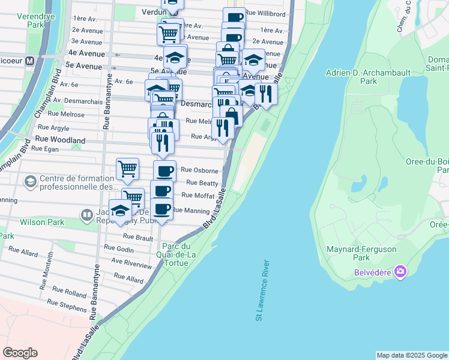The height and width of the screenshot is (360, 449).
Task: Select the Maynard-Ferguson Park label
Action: [356, 253]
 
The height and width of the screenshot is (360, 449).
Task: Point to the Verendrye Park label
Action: [23, 20]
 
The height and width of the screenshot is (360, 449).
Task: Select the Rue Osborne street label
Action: [199, 170]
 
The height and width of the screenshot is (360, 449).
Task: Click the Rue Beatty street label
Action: [202, 182]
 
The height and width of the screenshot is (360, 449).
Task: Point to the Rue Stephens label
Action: [68, 307]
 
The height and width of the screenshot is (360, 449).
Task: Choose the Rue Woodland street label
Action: [60, 139]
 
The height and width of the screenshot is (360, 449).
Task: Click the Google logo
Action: [20, 353]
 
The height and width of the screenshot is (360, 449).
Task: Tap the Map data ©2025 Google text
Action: [411, 355]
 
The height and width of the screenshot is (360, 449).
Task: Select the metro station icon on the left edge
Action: [29, 61]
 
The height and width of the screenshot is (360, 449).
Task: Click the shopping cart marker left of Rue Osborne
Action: [128, 169]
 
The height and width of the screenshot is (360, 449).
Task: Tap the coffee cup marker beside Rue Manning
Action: [161, 209]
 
